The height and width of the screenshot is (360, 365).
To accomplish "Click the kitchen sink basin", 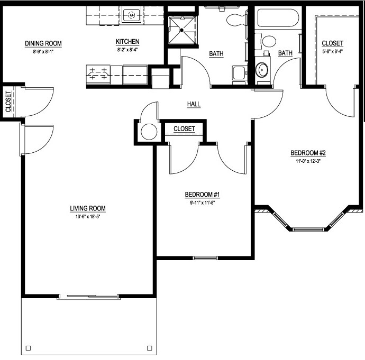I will (130, 15).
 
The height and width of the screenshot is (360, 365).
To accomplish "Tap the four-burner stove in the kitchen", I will (99, 73).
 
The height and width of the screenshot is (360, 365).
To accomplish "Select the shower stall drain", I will (181, 31).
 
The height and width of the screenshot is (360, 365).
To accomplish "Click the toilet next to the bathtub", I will (268, 41).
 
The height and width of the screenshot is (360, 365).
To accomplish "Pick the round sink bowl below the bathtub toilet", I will (262, 69).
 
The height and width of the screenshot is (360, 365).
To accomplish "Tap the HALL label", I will (194, 104).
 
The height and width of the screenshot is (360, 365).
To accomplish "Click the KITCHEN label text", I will (127, 42).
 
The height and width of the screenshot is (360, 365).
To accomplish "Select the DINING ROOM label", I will (43, 43).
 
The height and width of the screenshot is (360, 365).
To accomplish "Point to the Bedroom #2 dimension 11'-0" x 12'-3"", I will (307, 162).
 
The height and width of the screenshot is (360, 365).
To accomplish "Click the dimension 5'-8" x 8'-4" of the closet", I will (332, 51).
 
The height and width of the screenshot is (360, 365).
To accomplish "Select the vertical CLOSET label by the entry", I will (8, 101).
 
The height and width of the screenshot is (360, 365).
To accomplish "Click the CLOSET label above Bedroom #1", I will (184, 129).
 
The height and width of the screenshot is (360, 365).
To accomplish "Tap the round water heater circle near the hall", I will (149, 132).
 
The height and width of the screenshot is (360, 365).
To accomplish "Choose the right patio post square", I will (149, 348).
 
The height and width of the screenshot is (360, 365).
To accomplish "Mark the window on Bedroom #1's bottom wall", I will (202, 258).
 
